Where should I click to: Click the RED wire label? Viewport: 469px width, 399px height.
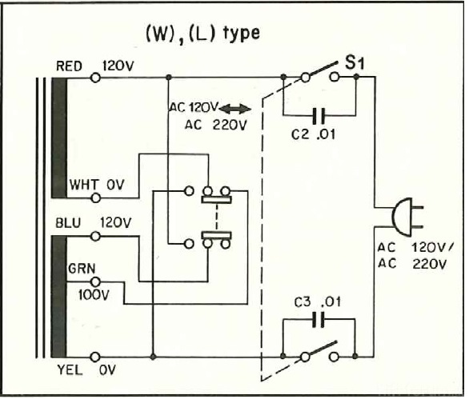[x=69, y=66]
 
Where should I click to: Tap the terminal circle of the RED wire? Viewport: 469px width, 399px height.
[x=95, y=78]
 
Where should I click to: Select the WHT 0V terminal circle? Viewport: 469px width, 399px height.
[x=96, y=198]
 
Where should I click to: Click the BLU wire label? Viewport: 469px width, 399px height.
[x=68, y=223]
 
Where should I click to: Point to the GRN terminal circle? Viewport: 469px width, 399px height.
[x=95, y=281]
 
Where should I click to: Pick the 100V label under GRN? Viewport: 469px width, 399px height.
[x=94, y=295]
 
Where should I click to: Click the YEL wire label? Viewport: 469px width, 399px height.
[x=70, y=370]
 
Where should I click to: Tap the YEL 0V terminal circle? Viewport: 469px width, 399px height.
[x=95, y=357]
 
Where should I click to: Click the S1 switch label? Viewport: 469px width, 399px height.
[x=355, y=63]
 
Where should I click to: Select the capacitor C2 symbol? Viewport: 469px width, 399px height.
[x=319, y=115]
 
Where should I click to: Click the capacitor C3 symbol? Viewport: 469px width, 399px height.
[x=318, y=320]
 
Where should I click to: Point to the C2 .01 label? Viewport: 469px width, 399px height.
[x=314, y=135]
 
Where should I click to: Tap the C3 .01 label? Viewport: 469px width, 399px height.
[x=318, y=302]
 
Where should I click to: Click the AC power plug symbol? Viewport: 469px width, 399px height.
[x=407, y=217]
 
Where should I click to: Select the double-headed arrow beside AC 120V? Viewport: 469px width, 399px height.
[x=235, y=109]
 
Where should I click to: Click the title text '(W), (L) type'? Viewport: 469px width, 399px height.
[x=202, y=34]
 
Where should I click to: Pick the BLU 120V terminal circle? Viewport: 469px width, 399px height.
[x=95, y=236]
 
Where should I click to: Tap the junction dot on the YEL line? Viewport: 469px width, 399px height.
[x=153, y=357]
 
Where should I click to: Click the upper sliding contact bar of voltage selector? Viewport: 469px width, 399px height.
[x=217, y=200]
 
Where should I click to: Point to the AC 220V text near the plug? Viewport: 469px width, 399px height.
[x=412, y=264]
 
